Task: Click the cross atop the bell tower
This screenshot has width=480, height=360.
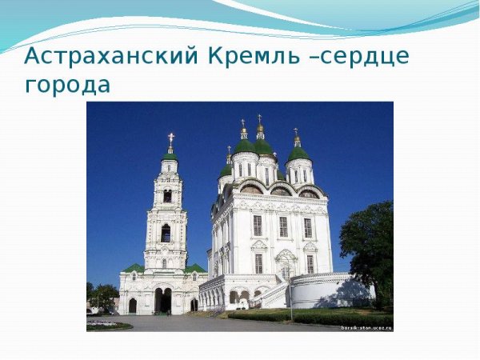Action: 170,138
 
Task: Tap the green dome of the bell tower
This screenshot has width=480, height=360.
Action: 170,155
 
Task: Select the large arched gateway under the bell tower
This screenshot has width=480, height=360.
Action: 163,301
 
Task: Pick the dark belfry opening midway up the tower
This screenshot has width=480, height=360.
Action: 166,233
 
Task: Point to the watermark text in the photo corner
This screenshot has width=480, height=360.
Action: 366,327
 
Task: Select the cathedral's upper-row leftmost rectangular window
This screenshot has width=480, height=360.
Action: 258,226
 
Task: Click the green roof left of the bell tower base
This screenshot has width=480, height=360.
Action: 134,268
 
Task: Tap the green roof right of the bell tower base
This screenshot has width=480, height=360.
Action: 195,268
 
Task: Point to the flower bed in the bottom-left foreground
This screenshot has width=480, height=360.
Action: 107,325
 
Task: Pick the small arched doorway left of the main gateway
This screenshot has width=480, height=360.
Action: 132,305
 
